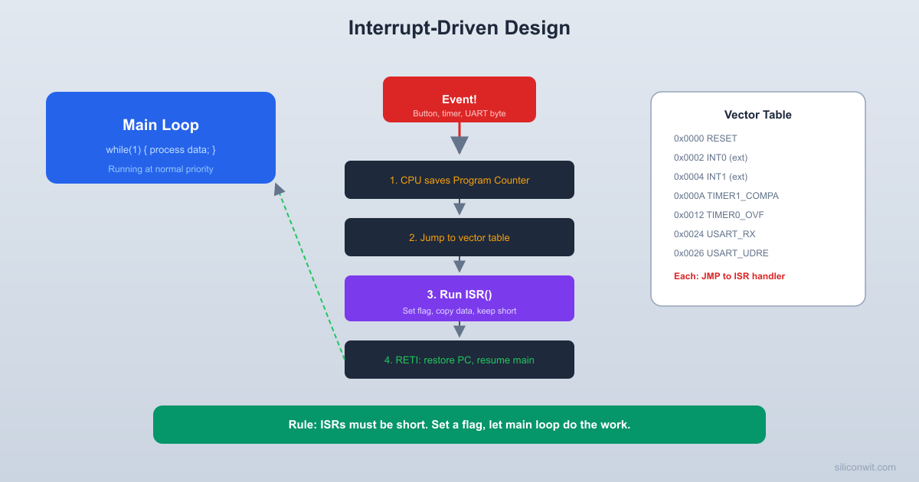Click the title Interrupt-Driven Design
click(459, 28)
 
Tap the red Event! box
click(459, 99)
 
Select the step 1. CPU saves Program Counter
click(459, 180)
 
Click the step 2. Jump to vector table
click(459, 237)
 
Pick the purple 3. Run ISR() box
click(459, 298)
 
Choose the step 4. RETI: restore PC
click(459, 360)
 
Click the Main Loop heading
click(161, 125)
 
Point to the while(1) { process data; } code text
click(161, 149)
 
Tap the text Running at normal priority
click(161, 169)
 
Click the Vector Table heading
click(757, 115)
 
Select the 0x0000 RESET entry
click(705, 138)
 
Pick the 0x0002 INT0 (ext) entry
click(711, 158)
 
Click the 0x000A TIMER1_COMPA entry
click(726, 196)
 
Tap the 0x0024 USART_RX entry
click(715, 234)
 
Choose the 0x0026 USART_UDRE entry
click(721, 253)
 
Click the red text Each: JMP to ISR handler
click(729, 276)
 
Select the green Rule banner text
click(459, 425)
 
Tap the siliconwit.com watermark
click(865, 467)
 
